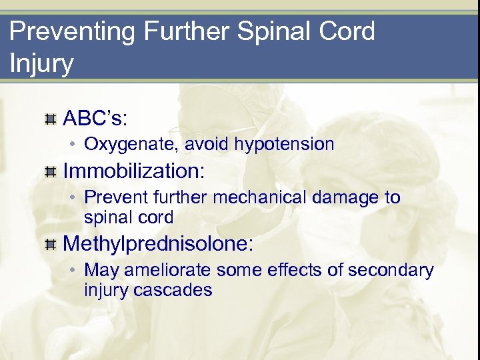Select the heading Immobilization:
[133, 171]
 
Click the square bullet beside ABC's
[49, 119]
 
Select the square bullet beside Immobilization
[49, 173]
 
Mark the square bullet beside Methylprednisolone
[49, 245]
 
